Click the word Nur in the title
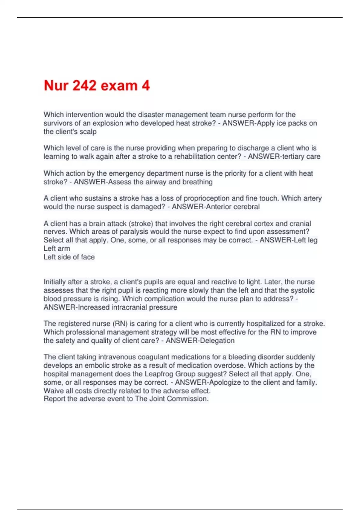pyautogui.click(x=56, y=86)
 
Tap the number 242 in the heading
pyautogui.click(x=85, y=86)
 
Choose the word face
pyautogui.click(x=88, y=257)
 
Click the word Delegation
pyautogui.click(x=215, y=341)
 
